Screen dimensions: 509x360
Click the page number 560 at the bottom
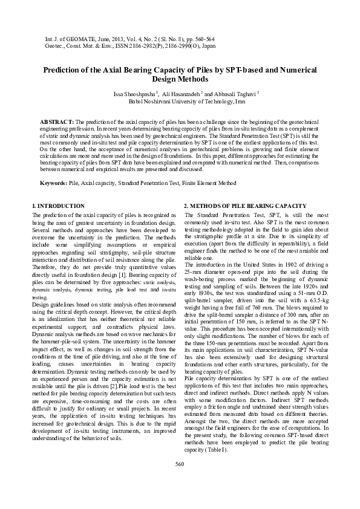click(x=179, y=481)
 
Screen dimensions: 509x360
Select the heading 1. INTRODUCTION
click(x=57, y=206)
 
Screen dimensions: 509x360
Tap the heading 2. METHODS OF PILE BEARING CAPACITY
click(x=248, y=206)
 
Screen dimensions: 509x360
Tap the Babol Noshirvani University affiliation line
click(x=179, y=102)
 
